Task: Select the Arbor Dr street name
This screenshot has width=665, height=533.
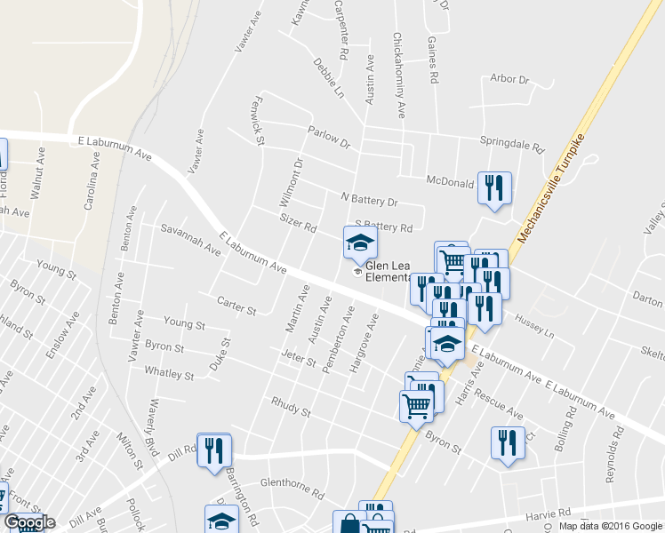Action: pyautogui.click(x=509, y=79)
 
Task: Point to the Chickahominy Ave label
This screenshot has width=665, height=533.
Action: pyautogui.click(x=399, y=76)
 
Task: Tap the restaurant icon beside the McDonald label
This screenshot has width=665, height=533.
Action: pyautogui.click(x=494, y=188)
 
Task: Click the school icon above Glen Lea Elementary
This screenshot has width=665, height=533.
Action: pyautogui.click(x=361, y=243)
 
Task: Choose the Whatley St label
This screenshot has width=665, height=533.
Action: pyautogui.click(x=169, y=374)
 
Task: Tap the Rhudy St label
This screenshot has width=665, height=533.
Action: pyautogui.click(x=291, y=408)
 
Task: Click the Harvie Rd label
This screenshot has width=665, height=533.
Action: pyautogui.click(x=550, y=514)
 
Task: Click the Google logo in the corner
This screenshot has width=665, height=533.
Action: pyautogui.click(x=29, y=522)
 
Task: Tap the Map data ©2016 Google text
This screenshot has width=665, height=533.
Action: pyautogui.click(x=610, y=526)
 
